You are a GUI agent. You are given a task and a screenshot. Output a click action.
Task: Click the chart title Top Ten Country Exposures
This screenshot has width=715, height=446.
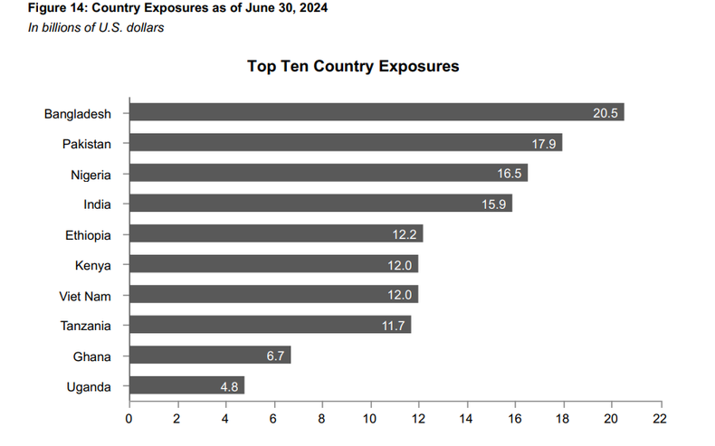352,67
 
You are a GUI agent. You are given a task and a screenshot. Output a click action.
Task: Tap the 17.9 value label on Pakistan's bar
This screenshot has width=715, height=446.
544,144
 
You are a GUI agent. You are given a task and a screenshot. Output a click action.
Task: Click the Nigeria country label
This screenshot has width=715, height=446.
91,175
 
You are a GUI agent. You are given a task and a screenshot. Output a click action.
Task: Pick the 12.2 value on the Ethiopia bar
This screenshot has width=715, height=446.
405,235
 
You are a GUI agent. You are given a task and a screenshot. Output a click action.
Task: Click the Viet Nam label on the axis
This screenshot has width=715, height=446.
86,296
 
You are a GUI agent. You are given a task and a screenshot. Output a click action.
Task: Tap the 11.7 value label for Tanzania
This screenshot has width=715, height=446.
393,326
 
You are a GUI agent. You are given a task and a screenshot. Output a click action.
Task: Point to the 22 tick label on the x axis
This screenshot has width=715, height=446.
660,419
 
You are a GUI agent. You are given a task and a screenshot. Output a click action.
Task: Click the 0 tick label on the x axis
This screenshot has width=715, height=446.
129,419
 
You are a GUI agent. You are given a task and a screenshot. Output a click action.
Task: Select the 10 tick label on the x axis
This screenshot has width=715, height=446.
370,419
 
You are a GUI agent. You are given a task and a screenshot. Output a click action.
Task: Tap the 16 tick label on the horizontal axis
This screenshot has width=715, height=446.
515,419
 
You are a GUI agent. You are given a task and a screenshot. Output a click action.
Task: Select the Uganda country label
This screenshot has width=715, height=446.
89,387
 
